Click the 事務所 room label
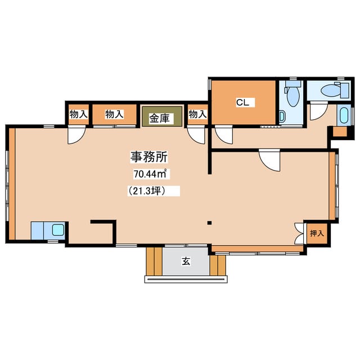point(149,157)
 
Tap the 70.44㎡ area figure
point(150,174)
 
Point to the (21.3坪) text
point(147,191)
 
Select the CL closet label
point(242,102)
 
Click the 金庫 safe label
point(159,118)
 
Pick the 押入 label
point(317,233)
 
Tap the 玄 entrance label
point(186,261)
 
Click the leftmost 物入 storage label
point(79,114)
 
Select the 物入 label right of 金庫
point(197,114)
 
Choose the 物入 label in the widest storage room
point(115,114)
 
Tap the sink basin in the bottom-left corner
point(58,230)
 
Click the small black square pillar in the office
point(209,223)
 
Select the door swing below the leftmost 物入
point(76,135)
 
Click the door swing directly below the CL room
point(224,135)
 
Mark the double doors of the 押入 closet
point(299,233)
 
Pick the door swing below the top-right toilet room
point(319,111)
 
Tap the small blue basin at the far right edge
point(344,115)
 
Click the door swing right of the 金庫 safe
point(196,135)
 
